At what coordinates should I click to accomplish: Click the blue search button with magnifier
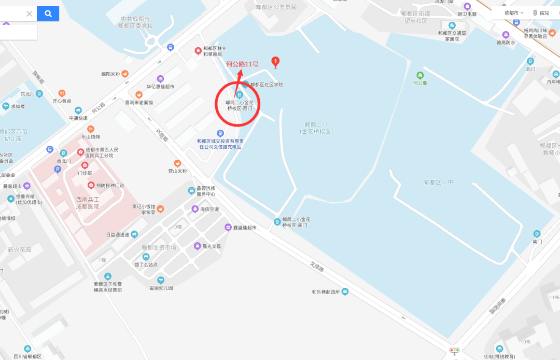pyautogui.click(x=48, y=13)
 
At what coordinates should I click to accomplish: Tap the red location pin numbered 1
pyautogui.click(x=276, y=62)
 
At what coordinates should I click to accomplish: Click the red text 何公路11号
pyautogui.click(x=242, y=64)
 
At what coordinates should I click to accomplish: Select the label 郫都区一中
pyautogui.click(x=439, y=182)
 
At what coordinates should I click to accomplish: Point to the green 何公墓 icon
pyautogui.click(x=420, y=76)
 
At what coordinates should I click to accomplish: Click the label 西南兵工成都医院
pyautogui.click(x=87, y=203)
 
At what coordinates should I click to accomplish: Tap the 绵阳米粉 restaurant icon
pyautogui.click(x=125, y=74)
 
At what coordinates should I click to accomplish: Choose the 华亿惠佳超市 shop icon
pyautogui.click(x=160, y=79)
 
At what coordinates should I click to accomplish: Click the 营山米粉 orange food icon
pyautogui.click(x=177, y=163)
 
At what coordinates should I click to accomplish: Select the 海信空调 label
pyautogui.click(x=209, y=210)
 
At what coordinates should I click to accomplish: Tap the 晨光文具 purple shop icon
pyautogui.click(x=197, y=246)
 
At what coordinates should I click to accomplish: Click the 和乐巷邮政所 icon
pyautogui.click(x=345, y=292)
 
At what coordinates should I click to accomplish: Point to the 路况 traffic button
pyautogui.click(x=541, y=12)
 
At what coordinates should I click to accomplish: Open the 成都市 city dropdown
pyautogui.click(x=514, y=12)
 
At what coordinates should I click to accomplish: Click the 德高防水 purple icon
pyautogui.click(x=506, y=35)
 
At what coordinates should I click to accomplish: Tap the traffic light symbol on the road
pyautogui.click(x=455, y=351)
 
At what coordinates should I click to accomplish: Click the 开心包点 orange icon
pyautogui.click(x=62, y=93)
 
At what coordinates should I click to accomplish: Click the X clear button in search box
pyautogui.click(x=30, y=13)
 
